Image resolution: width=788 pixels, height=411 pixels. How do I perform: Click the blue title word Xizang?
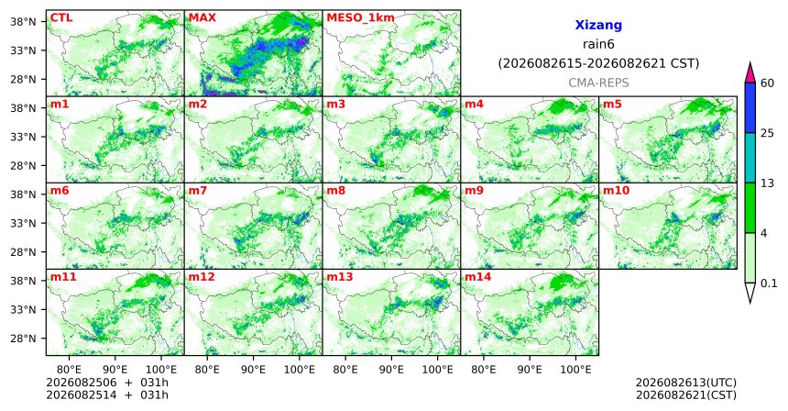(x=598, y=25)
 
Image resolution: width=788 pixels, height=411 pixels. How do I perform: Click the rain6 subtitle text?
(x=598, y=44)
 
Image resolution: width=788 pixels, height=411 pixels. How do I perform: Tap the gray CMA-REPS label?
(x=598, y=83)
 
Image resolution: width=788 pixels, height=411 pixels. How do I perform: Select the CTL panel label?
(x=61, y=18)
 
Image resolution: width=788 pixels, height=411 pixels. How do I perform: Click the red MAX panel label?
(x=202, y=18)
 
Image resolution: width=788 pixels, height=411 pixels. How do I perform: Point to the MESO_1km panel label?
(x=360, y=18)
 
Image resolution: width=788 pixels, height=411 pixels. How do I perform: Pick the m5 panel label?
(x=612, y=105)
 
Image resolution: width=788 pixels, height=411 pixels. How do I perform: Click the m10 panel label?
(x=616, y=191)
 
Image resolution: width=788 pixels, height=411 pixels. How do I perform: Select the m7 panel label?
(x=198, y=191)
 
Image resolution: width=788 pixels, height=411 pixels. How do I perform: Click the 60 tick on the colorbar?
(x=768, y=83)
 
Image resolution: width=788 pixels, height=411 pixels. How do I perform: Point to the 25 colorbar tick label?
(x=768, y=133)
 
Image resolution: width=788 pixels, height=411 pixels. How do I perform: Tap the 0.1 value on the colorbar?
(x=769, y=283)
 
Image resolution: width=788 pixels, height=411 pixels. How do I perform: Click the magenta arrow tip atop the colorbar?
(x=750, y=63)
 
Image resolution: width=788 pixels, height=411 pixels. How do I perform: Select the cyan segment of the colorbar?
(x=750, y=158)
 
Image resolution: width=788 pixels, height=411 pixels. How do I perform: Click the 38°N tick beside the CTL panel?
(x=23, y=22)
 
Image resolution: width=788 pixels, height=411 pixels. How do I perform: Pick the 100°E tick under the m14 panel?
(x=576, y=371)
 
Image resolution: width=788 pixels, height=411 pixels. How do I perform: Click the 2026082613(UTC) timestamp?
(x=686, y=383)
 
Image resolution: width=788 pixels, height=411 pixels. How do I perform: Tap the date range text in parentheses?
(x=598, y=64)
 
